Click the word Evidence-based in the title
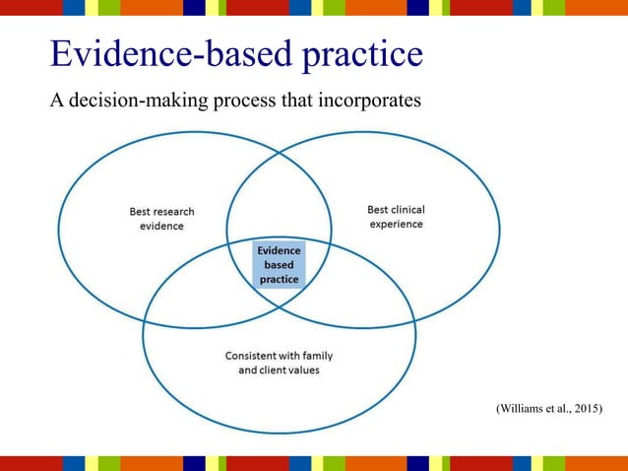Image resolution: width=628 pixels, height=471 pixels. (x=173, y=54)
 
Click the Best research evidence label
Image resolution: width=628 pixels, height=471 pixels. (x=161, y=218)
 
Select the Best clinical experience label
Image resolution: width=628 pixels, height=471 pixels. (x=396, y=217)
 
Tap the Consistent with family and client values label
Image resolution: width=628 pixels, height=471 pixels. (x=280, y=363)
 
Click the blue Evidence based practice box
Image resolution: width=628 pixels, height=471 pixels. (x=279, y=265)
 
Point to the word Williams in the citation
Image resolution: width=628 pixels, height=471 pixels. (x=525, y=408)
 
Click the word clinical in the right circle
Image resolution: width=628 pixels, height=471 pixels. (x=408, y=210)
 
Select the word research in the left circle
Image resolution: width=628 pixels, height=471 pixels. (x=173, y=211)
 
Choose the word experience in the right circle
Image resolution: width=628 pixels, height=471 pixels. (x=396, y=224)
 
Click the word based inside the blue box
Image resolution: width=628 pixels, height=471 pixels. (x=279, y=265)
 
